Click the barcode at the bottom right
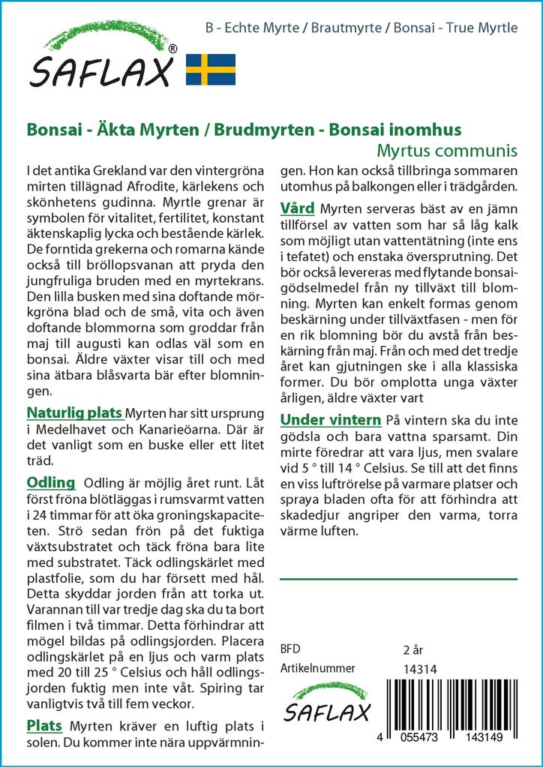[458, 704]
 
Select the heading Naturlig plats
[74, 412]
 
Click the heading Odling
[50, 481]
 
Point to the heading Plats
[44, 725]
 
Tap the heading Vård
[297, 208]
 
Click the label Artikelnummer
[317, 668]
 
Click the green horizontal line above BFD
[398, 579]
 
